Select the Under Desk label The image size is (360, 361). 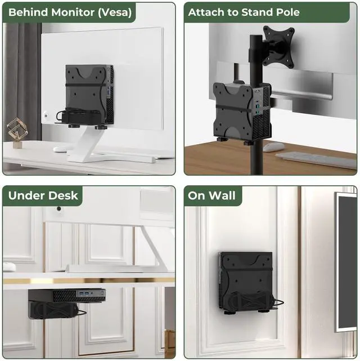[43, 196]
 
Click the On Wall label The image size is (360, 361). [212, 196]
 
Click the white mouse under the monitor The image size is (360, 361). [60, 149]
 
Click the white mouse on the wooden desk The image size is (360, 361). [274, 147]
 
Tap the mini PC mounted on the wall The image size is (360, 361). [246, 282]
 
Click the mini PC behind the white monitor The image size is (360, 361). [89, 93]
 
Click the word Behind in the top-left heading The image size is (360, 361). [28, 12]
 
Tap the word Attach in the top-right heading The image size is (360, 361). [207, 12]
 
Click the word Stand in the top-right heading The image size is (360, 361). [254, 12]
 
